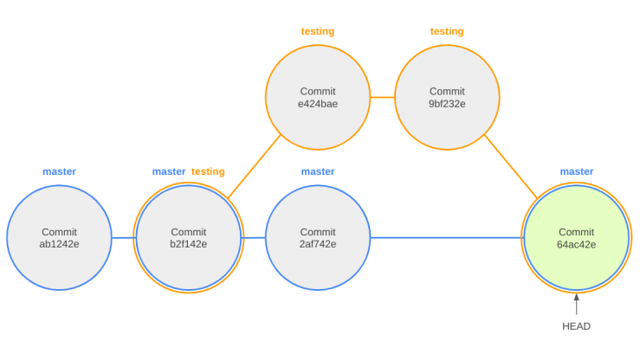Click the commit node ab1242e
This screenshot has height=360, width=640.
pos(59,238)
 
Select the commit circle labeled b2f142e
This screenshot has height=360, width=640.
pos(188,238)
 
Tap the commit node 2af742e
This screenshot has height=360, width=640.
pos(318,238)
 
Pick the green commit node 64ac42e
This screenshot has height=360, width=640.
pos(576,238)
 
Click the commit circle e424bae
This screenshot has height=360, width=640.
pos(318,98)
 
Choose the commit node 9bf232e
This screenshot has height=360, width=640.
pos(447,98)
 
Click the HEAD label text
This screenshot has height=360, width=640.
pos(576,326)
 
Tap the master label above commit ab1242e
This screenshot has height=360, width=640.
pos(59,171)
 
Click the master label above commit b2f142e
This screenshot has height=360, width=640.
pos(169,171)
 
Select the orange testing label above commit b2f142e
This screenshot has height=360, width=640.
pos(208,171)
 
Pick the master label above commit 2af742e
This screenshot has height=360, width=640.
pos(318,171)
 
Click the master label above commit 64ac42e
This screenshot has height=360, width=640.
pos(577,171)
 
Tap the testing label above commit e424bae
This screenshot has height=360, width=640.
pos(318,31)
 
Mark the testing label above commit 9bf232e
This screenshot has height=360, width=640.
pos(447,31)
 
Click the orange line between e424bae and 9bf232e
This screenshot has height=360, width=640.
pos(382,98)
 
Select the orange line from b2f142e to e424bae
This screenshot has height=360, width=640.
pos(255,166)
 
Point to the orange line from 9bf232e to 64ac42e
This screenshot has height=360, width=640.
pos(511,166)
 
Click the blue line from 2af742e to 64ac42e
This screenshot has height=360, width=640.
pos(445,238)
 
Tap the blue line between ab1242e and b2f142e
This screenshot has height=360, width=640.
pos(123,238)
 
